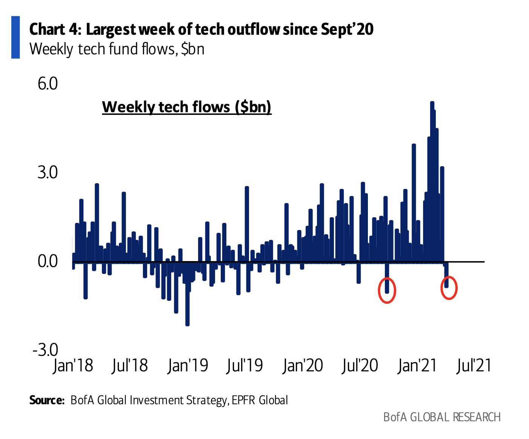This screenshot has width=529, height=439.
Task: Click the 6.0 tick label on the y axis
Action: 48,83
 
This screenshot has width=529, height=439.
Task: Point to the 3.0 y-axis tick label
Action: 48,172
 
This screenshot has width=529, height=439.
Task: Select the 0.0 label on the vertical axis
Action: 48,261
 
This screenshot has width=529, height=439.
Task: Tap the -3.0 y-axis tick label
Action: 45,350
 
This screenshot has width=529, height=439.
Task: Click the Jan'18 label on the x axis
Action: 73,366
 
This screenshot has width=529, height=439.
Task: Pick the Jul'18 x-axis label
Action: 130,366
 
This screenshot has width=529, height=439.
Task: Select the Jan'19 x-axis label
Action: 188,366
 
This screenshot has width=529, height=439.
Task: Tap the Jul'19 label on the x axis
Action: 245,366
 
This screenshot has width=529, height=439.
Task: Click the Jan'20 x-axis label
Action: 303,366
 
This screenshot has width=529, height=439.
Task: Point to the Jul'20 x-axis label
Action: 360,366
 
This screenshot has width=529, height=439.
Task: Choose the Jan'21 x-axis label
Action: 417,366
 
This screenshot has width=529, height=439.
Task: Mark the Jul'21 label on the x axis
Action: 474,366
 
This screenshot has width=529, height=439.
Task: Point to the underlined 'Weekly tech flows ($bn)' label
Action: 187,107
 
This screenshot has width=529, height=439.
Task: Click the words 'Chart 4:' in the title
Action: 55,29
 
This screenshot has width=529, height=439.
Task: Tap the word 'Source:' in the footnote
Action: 47,400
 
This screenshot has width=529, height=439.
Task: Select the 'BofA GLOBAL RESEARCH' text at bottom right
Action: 442,417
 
